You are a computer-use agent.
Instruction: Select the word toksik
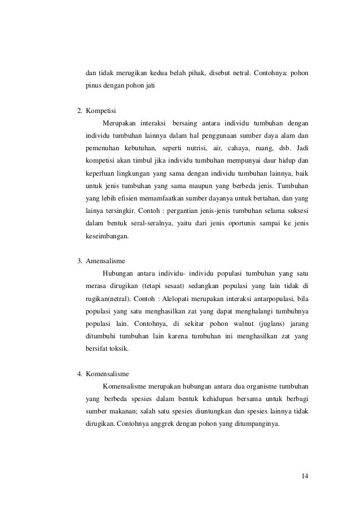pos(118,349)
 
